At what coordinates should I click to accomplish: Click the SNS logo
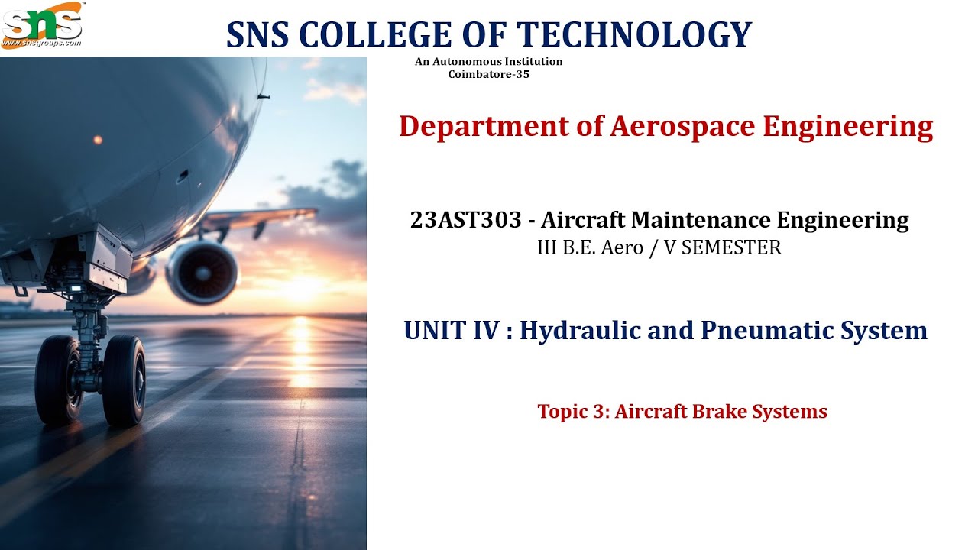click(x=41, y=21)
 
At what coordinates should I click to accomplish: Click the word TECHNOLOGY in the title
click(x=635, y=34)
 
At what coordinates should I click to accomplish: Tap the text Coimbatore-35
click(x=488, y=74)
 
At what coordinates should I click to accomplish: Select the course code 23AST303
click(x=467, y=221)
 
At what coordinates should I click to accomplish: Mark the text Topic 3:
click(x=573, y=412)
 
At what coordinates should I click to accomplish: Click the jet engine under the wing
click(x=202, y=272)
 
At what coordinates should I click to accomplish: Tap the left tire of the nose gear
click(x=57, y=380)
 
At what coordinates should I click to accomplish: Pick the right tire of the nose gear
click(x=124, y=381)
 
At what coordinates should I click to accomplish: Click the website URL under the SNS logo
click(x=41, y=44)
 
